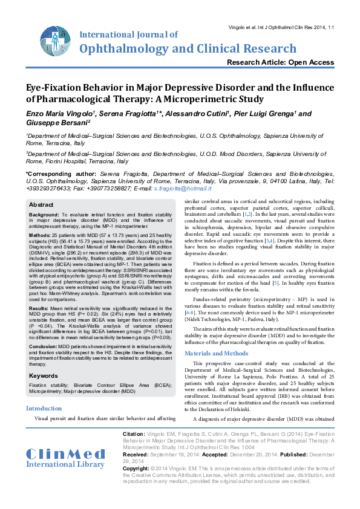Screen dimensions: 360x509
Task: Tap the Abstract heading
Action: [41, 205]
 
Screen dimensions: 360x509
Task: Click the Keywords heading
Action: [44, 376]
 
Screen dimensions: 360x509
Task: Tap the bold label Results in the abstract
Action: [41, 308]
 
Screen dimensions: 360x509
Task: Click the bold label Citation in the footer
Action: [133, 434]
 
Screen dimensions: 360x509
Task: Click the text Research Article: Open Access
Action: [280, 62]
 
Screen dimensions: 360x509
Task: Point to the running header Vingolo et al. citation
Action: [282, 28]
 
